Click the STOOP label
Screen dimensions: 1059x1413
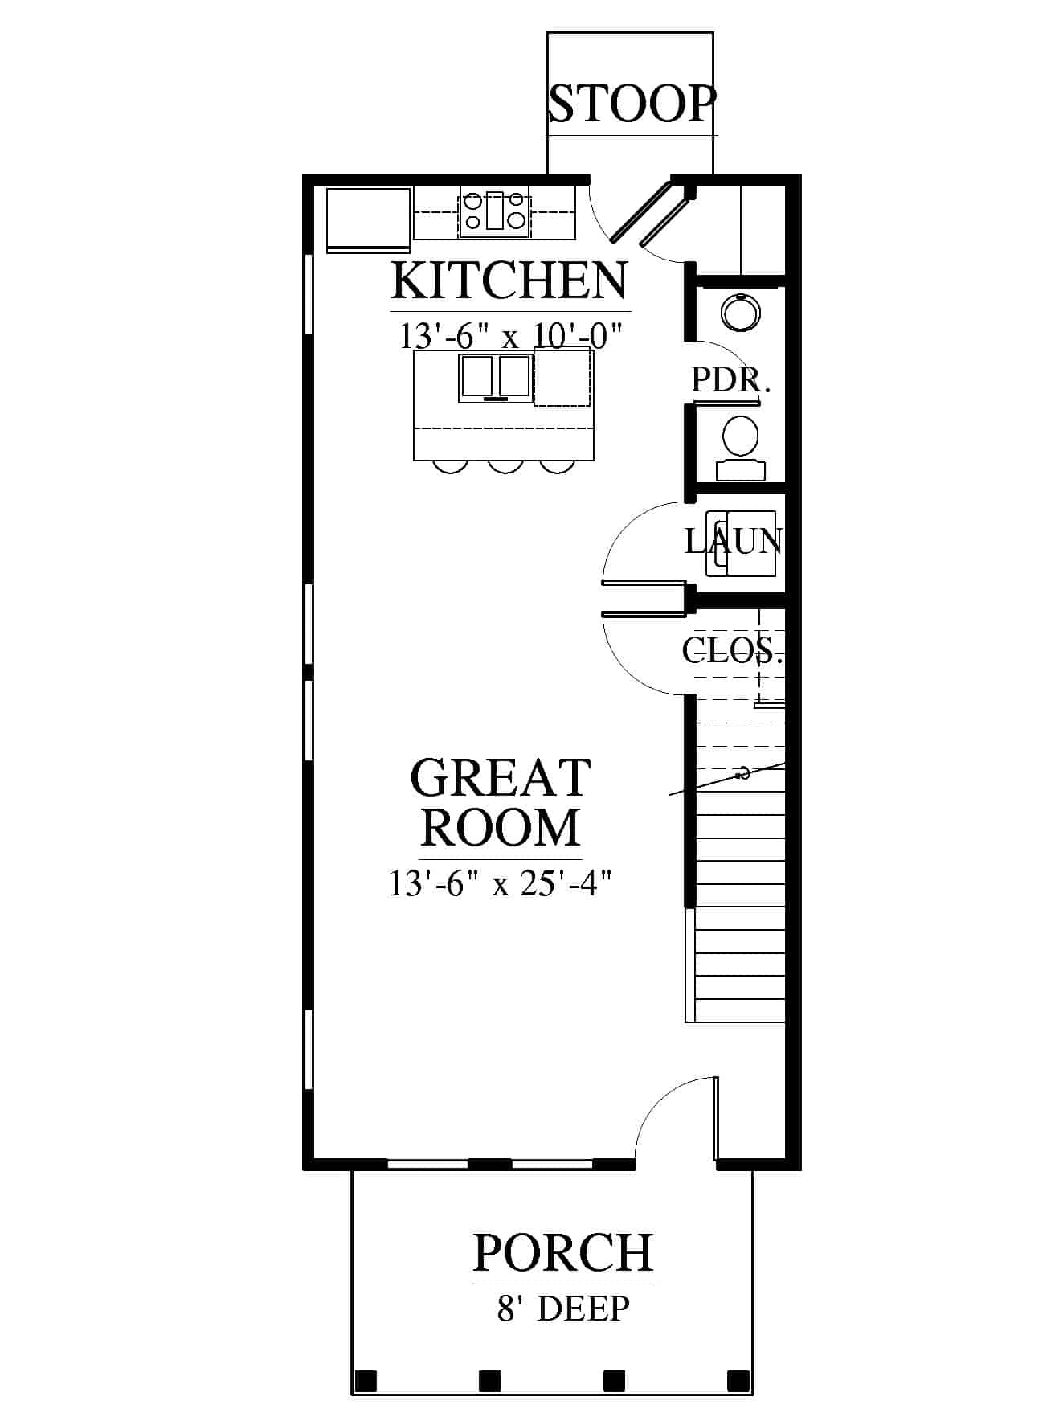632,103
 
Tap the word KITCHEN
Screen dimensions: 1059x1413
509,280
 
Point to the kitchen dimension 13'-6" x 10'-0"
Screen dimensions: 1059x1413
512,335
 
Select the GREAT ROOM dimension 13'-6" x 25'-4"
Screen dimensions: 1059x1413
501,884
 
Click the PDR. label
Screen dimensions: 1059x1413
730,379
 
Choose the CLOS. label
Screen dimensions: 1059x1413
732,649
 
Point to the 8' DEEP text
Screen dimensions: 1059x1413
562,1309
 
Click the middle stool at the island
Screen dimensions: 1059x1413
505,466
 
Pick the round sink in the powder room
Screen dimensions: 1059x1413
739,312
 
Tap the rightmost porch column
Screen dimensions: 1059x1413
738,1381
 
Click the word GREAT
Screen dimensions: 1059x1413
501,777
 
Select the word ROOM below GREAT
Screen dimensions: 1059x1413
501,826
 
